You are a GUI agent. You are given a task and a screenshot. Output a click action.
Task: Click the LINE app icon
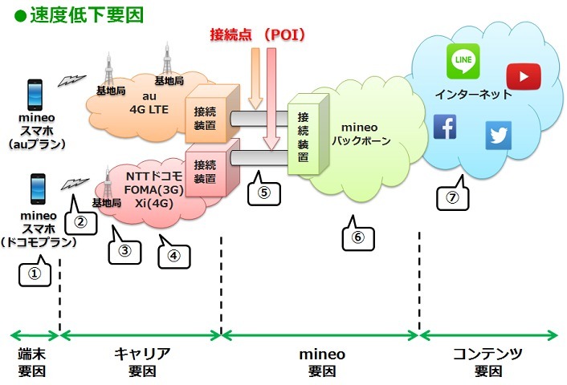click(x=463, y=61)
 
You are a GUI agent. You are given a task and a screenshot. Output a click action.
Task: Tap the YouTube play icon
click(x=523, y=76)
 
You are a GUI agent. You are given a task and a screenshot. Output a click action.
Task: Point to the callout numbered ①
click(x=34, y=274)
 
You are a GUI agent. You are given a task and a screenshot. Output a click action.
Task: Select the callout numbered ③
click(x=124, y=250)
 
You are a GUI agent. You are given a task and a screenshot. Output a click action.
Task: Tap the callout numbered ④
click(x=173, y=255)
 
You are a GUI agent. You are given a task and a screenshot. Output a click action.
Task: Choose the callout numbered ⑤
click(x=263, y=192)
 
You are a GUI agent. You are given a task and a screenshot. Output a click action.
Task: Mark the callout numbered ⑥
click(x=357, y=237)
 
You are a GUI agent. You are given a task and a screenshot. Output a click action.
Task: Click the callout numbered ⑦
click(x=452, y=197)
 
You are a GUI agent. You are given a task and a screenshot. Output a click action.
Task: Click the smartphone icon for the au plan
click(x=35, y=94)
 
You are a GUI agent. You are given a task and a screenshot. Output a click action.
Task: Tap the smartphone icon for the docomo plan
click(x=37, y=189)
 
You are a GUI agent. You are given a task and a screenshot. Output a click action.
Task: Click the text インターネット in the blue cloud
click(x=472, y=95)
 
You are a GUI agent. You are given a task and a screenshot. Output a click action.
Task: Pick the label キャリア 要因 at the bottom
click(x=141, y=363)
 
